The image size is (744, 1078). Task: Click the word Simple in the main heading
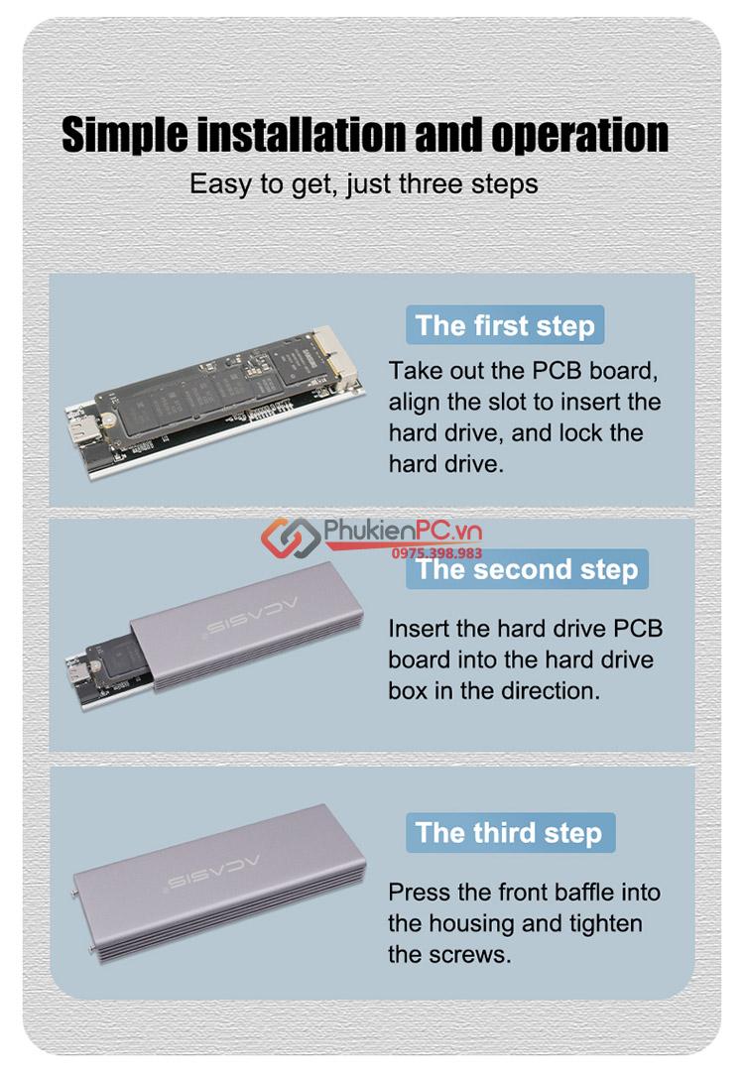[x=124, y=136]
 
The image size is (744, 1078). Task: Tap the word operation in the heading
[x=579, y=136]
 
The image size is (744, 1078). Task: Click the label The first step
[x=505, y=325]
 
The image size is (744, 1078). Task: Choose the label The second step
[x=527, y=569]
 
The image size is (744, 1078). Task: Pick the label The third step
[x=510, y=833]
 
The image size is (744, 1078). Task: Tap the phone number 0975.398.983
[x=436, y=553]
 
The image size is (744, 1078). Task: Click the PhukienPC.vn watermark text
[x=402, y=531]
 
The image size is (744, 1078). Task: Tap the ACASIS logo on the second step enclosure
[x=253, y=617]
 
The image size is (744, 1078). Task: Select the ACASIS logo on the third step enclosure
[x=214, y=872]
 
